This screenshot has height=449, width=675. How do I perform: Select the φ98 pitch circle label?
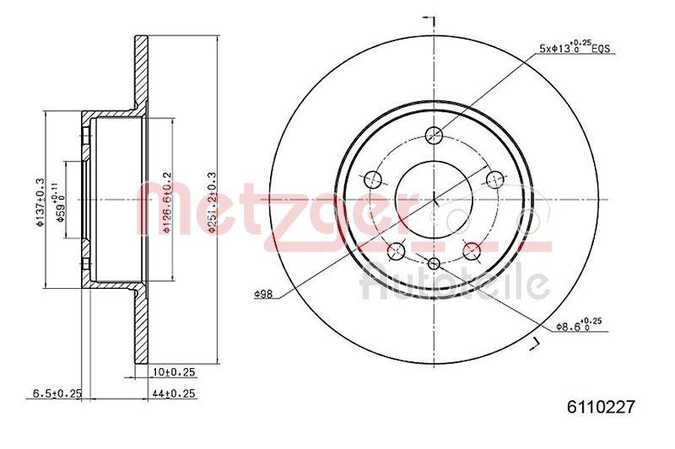coord(263,294)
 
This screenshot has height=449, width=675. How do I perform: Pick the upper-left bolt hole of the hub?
coord(372,178)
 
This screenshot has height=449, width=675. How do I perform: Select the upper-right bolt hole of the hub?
coord(497,178)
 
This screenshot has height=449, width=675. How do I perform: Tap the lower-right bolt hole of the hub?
coord(472,251)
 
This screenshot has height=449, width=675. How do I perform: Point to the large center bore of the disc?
coord(435,199)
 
